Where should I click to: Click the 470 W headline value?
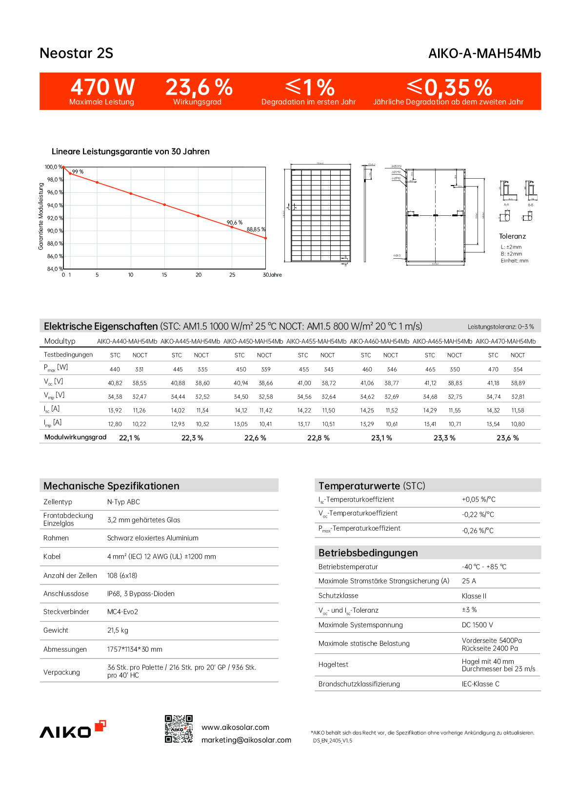(102, 87)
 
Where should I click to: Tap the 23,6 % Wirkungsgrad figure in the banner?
(199, 87)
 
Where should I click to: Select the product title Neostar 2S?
(76, 53)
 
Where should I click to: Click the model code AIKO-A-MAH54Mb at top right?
(484, 54)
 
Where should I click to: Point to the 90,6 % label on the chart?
(234, 223)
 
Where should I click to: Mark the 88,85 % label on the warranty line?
(256, 229)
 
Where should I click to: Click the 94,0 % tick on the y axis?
(55, 206)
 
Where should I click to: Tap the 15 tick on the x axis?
(164, 275)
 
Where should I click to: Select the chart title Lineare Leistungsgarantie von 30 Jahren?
(130, 151)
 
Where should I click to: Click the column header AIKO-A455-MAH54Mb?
(316, 341)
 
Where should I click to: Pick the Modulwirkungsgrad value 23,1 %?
(381, 438)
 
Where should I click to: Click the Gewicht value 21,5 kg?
(118, 630)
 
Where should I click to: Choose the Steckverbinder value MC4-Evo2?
(122, 612)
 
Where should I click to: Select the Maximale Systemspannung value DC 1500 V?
(477, 625)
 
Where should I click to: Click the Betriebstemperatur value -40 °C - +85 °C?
(484, 567)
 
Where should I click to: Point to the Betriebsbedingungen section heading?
(368, 553)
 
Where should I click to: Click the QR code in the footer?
(179, 729)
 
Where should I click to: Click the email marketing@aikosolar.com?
(246, 740)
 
